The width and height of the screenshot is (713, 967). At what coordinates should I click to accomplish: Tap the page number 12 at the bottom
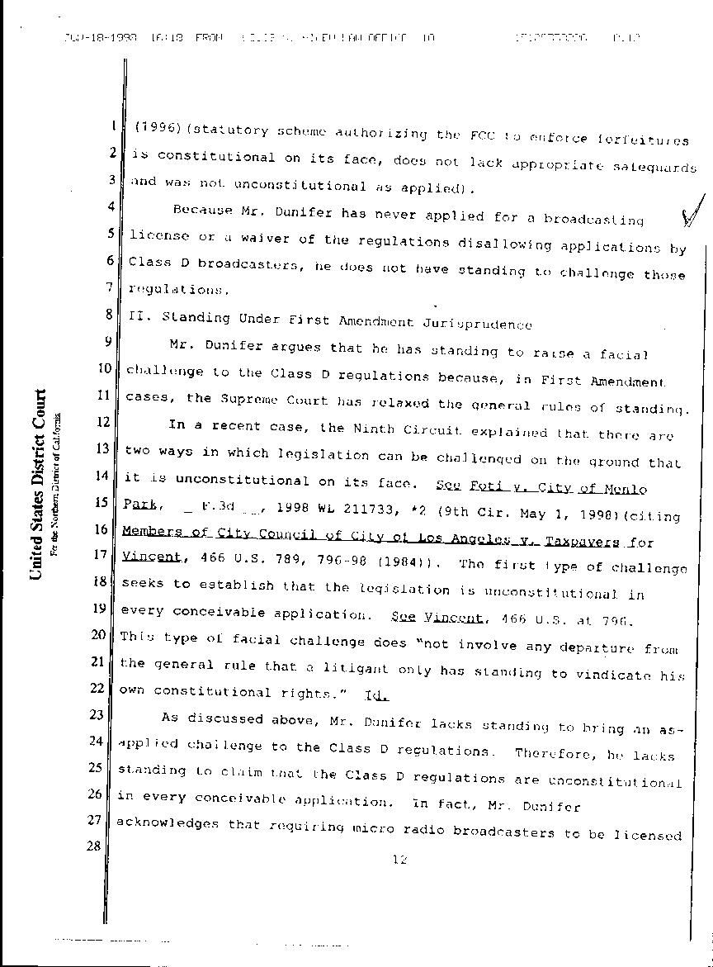click(x=401, y=860)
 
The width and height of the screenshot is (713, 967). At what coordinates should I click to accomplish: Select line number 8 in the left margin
click(x=110, y=315)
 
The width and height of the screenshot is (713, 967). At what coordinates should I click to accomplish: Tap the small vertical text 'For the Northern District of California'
click(x=55, y=483)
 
